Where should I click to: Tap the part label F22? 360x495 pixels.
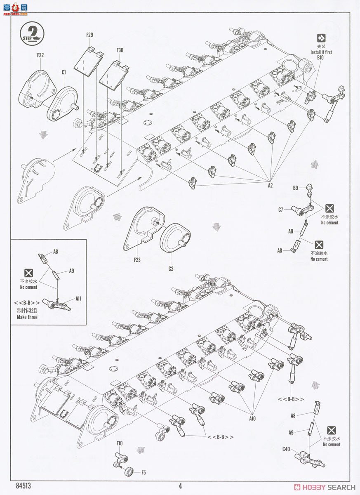[x=40, y=54]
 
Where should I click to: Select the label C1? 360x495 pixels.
[x=64, y=72]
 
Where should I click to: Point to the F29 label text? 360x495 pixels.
[x=90, y=35]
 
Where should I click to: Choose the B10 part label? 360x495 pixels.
[x=320, y=58]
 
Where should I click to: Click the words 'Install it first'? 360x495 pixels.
[x=321, y=52]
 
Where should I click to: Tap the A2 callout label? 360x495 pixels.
[x=270, y=186]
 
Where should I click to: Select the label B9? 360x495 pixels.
[x=296, y=189]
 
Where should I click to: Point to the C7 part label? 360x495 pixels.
[x=281, y=210]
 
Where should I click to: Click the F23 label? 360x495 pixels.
[x=137, y=260]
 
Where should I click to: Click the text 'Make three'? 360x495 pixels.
[x=27, y=317]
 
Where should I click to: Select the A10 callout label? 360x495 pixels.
[x=252, y=418]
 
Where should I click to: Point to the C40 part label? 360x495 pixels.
[x=286, y=449]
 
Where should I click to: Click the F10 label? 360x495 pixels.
[x=120, y=443]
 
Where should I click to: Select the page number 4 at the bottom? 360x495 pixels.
[x=180, y=486]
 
